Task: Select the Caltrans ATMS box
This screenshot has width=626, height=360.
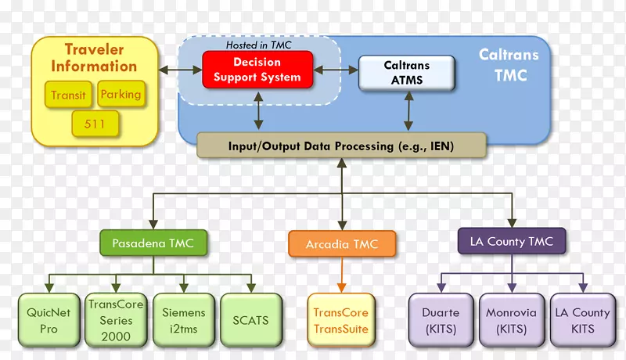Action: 406,72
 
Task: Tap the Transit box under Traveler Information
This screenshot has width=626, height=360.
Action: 68,95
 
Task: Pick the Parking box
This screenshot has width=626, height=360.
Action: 121,95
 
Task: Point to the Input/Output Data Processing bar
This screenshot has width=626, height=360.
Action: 341,146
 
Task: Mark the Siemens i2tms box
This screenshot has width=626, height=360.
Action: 183,320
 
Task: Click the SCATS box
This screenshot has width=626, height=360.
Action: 250,320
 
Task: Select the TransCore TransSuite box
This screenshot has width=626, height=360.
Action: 340,320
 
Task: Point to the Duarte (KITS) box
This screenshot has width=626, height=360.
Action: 441,320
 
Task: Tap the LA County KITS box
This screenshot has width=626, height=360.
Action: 582,320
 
